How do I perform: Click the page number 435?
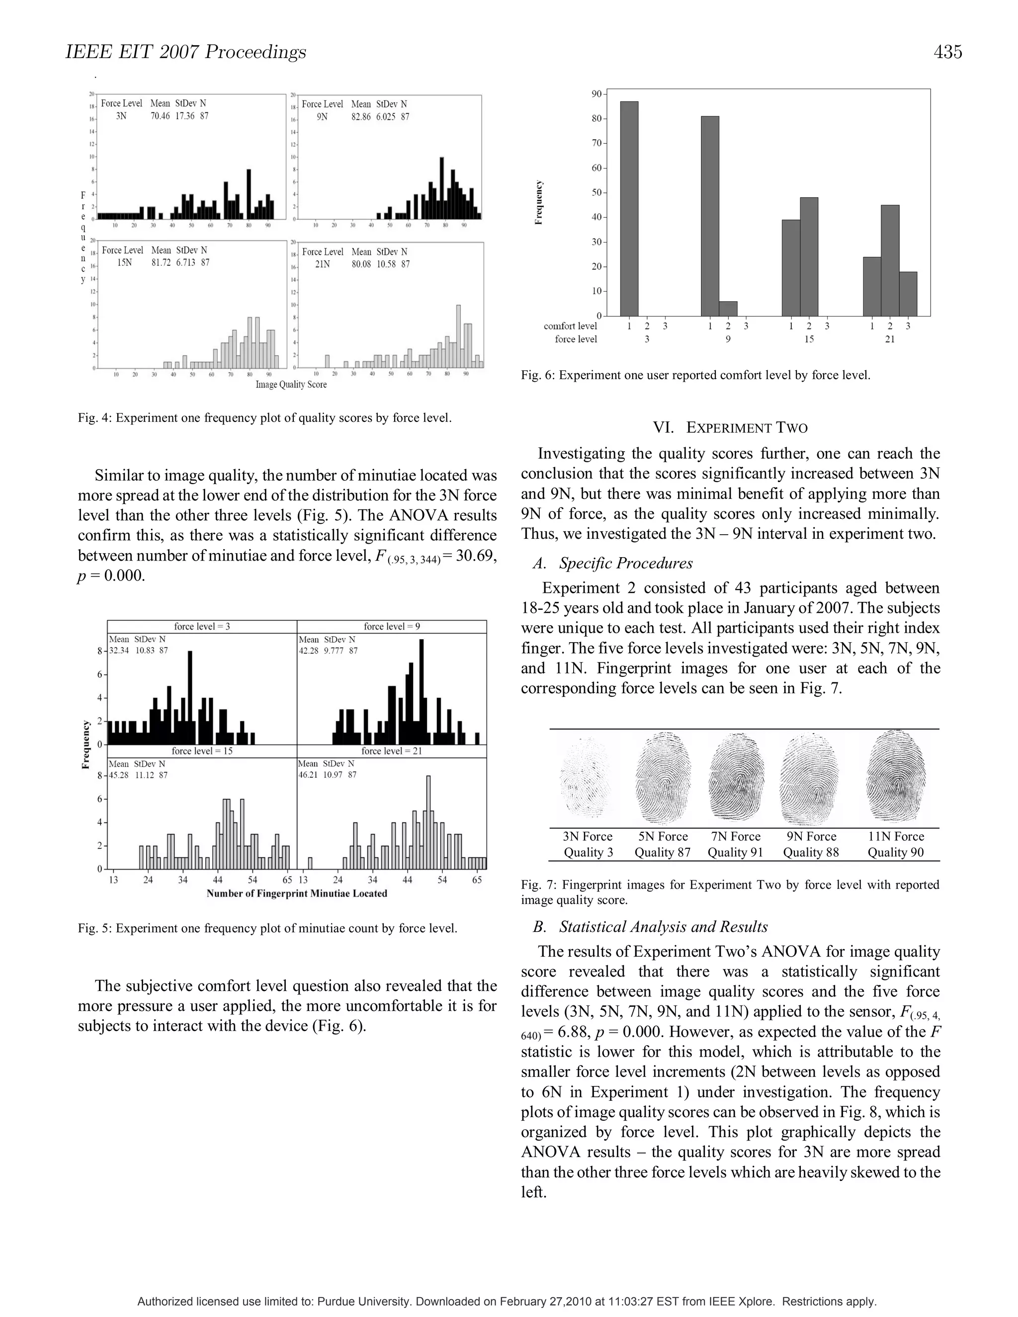click(x=947, y=53)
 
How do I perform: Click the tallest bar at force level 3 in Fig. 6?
click(x=629, y=208)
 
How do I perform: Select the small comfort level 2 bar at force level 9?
click(x=728, y=308)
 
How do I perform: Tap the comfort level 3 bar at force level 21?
click(x=908, y=294)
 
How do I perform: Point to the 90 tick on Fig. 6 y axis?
click(x=596, y=94)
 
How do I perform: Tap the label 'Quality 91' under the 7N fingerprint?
click(x=735, y=852)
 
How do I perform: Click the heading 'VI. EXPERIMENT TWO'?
click(x=730, y=427)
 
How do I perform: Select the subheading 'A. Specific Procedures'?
click(x=613, y=563)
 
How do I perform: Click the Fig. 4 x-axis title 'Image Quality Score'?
click(x=291, y=384)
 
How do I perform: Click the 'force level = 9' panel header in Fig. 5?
click(x=391, y=627)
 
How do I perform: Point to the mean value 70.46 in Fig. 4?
click(x=160, y=116)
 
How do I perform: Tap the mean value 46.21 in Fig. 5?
click(x=309, y=774)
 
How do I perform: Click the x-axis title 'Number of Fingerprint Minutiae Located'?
click(x=297, y=893)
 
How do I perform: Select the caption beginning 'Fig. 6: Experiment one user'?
click(x=695, y=375)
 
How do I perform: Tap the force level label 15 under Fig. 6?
click(x=808, y=339)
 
